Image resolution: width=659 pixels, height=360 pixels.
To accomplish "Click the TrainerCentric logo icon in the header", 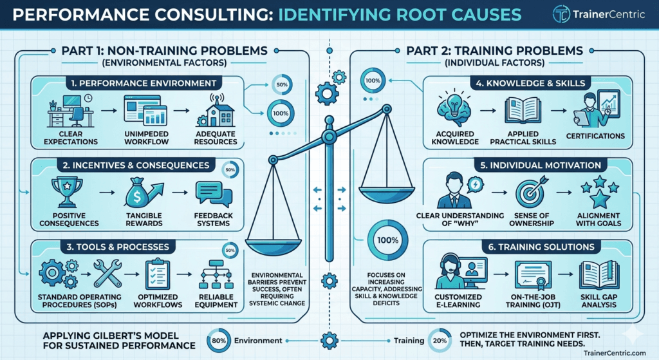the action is click(x=561, y=14).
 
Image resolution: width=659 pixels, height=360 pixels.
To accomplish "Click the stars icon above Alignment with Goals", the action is click(x=600, y=192).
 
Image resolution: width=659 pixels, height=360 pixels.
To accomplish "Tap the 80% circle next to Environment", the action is click(x=219, y=341).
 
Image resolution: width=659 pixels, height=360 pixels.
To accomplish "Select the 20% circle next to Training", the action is click(x=440, y=341).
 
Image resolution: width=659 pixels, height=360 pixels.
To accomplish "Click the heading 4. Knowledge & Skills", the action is click(x=530, y=83).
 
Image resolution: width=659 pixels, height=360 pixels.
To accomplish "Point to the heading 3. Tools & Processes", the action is click(x=118, y=247).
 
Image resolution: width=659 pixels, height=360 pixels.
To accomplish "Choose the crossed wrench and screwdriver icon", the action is click(x=107, y=273).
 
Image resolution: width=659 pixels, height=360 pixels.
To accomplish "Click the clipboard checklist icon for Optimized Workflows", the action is click(x=158, y=274).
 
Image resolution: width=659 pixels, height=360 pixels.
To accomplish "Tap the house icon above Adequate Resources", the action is click(x=216, y=111).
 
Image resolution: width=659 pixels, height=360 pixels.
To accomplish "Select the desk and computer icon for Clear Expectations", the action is click(x=70, y=111).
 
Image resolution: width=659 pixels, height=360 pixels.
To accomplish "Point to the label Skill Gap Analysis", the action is click(x=599, y=301).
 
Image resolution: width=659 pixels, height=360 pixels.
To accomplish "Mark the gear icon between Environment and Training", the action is click(x=329, y=340).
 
